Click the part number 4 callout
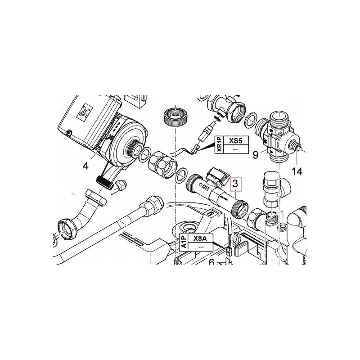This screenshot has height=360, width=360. pos(85,166)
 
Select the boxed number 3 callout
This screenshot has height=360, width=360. pos(236,184)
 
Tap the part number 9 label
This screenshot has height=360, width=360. pos(256,155)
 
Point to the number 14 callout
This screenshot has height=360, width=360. pos(297,171)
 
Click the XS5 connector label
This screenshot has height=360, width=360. pos(236,141)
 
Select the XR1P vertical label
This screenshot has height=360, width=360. pos(219,145)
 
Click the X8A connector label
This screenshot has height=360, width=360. pos(200,238)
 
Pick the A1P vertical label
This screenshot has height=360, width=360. pos(184,243)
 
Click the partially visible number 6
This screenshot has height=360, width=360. pos(211,261)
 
